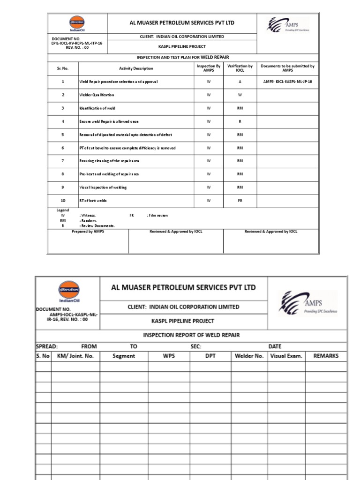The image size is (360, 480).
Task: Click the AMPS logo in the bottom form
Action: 307,304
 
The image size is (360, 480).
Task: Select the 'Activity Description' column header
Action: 136,68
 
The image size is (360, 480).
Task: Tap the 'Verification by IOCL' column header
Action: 240,68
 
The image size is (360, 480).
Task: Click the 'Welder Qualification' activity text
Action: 97,95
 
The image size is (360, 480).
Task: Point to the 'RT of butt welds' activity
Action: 93,201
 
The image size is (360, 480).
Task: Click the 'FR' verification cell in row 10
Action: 240,201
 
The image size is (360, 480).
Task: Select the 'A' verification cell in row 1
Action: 240,82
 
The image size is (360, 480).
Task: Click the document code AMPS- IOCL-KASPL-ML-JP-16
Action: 287,82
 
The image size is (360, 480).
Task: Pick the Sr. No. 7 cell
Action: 62,161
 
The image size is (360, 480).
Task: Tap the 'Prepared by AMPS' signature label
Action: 88,232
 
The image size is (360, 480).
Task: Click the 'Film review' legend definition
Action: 158,216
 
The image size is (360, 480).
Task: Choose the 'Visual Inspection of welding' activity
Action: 103,187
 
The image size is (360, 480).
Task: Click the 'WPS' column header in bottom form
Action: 169,356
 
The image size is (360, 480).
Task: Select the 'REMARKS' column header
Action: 326,356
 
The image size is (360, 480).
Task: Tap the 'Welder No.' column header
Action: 249,356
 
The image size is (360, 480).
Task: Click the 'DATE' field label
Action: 275,346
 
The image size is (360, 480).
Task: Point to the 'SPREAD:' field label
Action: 47,346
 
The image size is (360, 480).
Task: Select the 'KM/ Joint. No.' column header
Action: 75,356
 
